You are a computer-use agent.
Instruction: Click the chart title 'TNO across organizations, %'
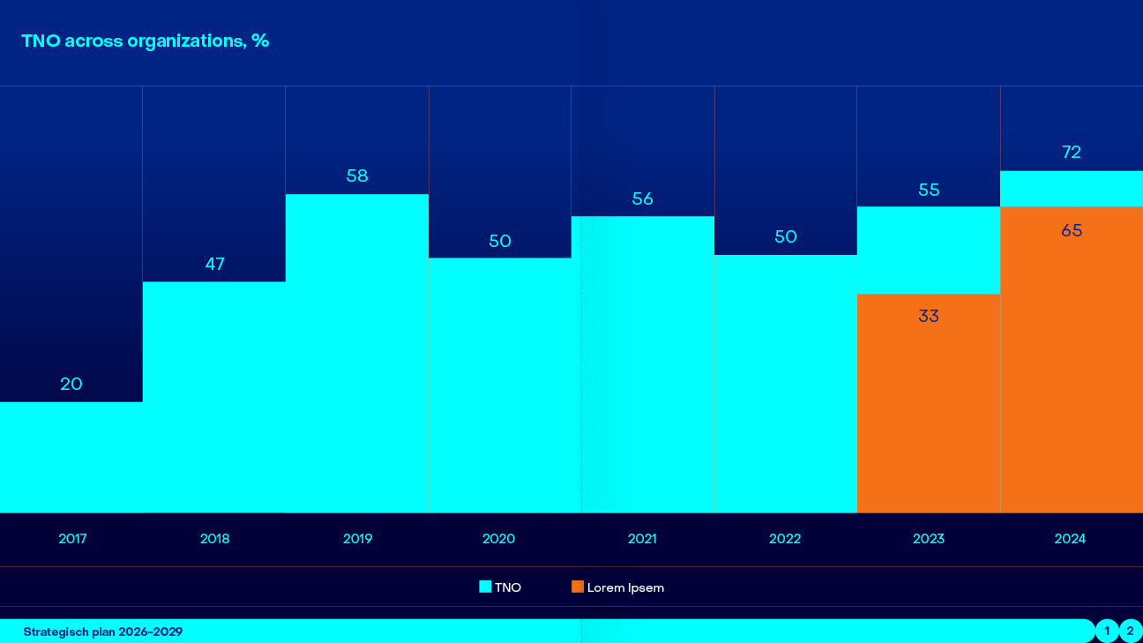pos(145,41)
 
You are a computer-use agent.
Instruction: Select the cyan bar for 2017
pos(71,457)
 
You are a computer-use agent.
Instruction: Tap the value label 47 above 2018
pos(215,264)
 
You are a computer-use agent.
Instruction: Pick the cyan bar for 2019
pos(357,353)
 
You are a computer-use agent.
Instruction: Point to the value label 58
pos(357,176)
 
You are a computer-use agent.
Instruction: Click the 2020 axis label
pos(499,539)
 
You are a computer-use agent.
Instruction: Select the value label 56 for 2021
pos(643,198)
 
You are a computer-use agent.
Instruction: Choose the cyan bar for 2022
pos(785,384)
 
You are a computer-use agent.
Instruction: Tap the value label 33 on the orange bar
pos(929,316)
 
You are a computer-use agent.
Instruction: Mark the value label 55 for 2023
pos(929,190)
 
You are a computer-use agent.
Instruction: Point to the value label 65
pos(1072,231)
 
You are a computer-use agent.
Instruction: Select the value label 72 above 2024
pos(1072,153)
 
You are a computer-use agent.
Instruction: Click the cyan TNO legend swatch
pos(485,587)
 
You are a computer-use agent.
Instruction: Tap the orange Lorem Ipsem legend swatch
pos(578,587)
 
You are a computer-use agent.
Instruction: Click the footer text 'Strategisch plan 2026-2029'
pos(103,632)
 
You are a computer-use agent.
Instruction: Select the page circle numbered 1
pos(1107,631)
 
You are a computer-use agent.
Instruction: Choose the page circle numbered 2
pos(1130,631)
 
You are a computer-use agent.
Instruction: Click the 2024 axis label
pos(1071,539)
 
